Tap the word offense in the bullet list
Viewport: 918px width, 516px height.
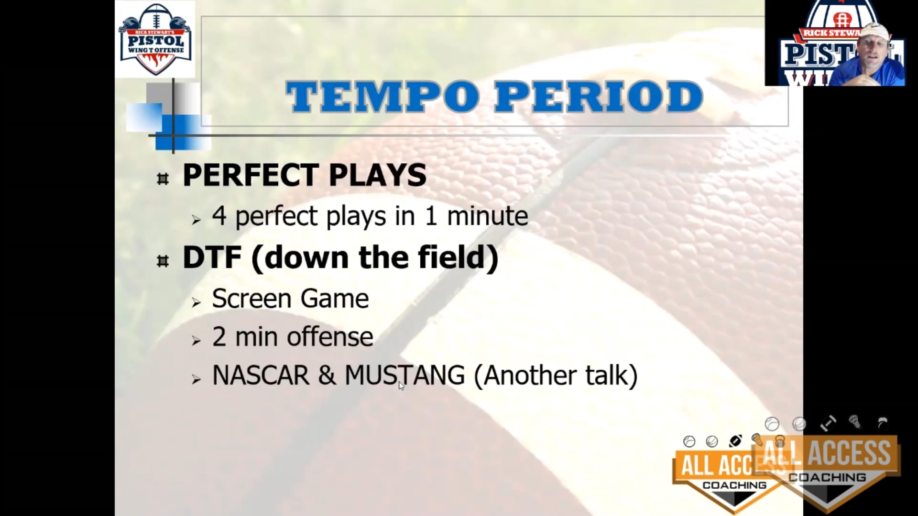[330, 336]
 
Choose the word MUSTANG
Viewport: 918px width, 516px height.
[404, 375]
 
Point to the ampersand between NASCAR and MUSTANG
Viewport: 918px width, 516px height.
[327, 375]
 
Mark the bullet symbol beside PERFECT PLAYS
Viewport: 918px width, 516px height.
[163, 179]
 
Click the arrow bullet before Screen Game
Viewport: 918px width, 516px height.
[196, 302]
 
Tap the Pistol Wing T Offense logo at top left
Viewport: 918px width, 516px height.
[155, 39]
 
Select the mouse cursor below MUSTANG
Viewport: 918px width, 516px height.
[401, 386]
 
